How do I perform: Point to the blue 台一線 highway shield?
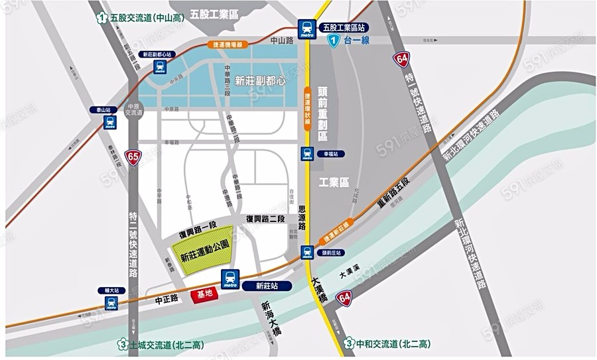(x=336, y=41)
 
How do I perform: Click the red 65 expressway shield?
(x=134, y=157)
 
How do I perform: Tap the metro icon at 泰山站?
(x=109, y=123)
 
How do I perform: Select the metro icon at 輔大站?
(x=111, y=303)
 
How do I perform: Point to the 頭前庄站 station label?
(x=329, y=253)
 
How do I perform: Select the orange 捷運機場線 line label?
(x=227, y=45)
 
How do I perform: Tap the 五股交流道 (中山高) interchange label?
(x=141, y=19)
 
